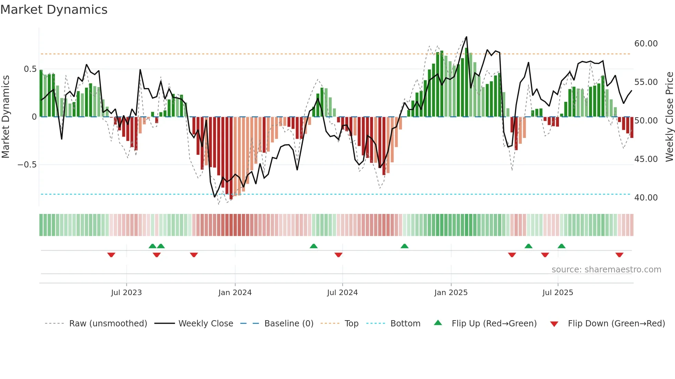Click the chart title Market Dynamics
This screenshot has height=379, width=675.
coord(54,10)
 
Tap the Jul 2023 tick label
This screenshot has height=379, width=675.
coord(126,293)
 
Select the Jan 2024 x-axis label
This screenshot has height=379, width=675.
coord(235,293)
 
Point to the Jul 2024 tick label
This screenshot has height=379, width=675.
coord(342,293)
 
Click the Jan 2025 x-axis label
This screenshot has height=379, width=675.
coord(451,293)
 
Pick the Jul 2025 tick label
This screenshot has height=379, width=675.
coord(558,293)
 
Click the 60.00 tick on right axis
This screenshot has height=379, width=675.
coord(646,44)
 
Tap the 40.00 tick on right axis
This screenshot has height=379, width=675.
coord(646,198)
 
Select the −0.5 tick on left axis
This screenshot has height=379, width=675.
coord(27,165)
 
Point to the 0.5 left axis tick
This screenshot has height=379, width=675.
coord(30,69)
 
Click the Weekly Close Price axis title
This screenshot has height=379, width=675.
coord(669,117)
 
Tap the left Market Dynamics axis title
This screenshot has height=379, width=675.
coord(6,117)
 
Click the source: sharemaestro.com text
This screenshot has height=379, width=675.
coord(606,270)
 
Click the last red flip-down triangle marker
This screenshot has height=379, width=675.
coord(619,255)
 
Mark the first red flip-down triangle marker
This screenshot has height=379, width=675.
coord(111,255)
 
